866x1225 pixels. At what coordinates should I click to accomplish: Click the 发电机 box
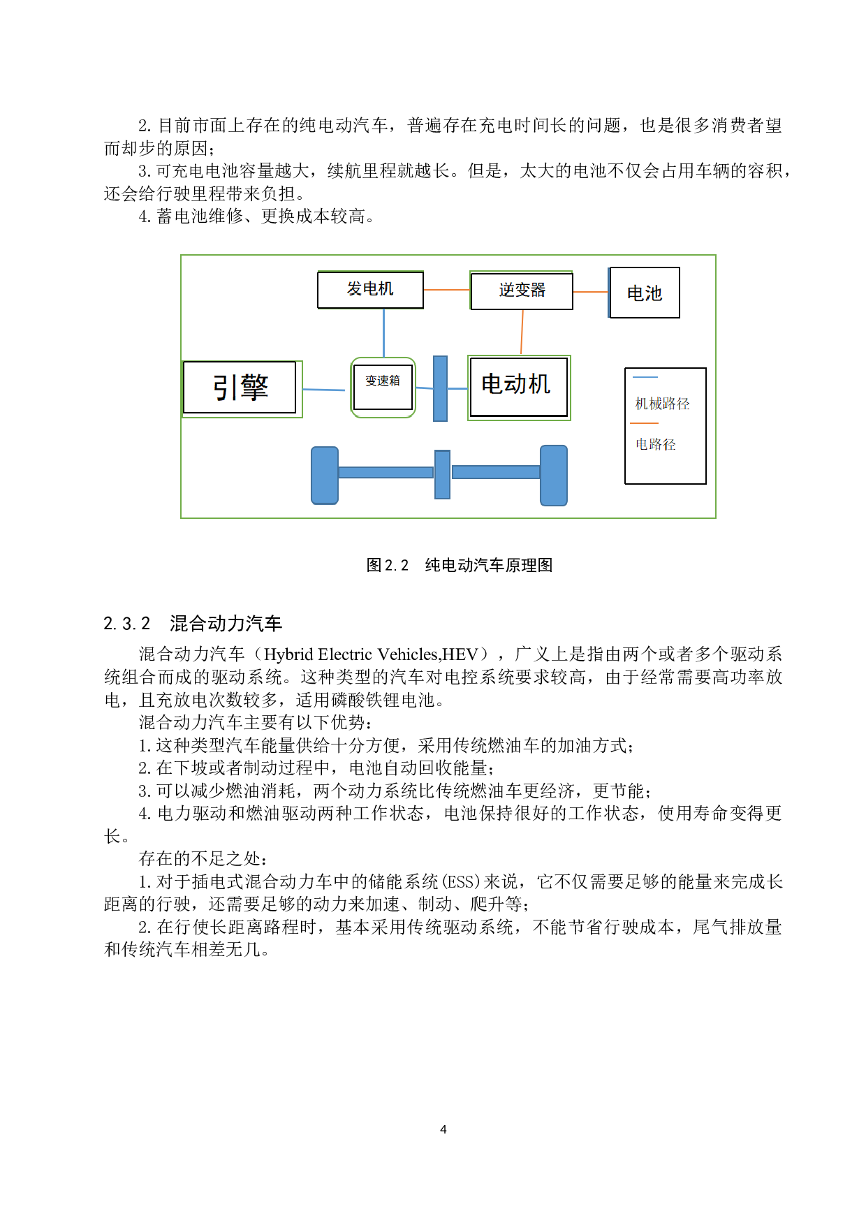tap(370, 290)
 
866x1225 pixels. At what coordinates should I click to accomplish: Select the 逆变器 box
tap(522, 291)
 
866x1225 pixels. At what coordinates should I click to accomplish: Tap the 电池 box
tap(644, 293)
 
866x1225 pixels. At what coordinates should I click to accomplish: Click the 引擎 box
tap(240, 388)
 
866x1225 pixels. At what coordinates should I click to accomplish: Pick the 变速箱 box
tap(383, 387)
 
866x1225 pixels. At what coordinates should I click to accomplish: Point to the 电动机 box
tap(518, 387)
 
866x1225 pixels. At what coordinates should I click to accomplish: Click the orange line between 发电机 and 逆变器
tap(447, 290)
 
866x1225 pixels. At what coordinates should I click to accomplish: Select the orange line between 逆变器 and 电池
tap(591, 292)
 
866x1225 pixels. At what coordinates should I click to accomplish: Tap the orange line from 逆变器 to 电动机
tap(522, 332)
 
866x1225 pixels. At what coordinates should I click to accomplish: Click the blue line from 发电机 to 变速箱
tap(383, 332)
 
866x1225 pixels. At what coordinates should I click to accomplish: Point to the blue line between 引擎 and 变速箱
tap(324, 390)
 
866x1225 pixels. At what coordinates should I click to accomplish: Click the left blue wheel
tap(325, 476)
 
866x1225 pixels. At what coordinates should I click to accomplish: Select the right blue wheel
tap(554, 476)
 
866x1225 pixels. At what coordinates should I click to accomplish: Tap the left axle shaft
tap(386, 473)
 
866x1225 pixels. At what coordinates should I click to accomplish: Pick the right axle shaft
tap(496, 473)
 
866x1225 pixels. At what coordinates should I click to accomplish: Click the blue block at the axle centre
tap(442, 474)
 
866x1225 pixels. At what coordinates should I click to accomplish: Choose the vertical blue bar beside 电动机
tap(440, 388)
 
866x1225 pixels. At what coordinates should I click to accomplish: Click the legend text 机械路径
tap(662, 404)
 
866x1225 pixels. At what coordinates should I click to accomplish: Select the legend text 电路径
tap(655, 444)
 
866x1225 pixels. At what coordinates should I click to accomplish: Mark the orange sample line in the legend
tap(644, 423)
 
